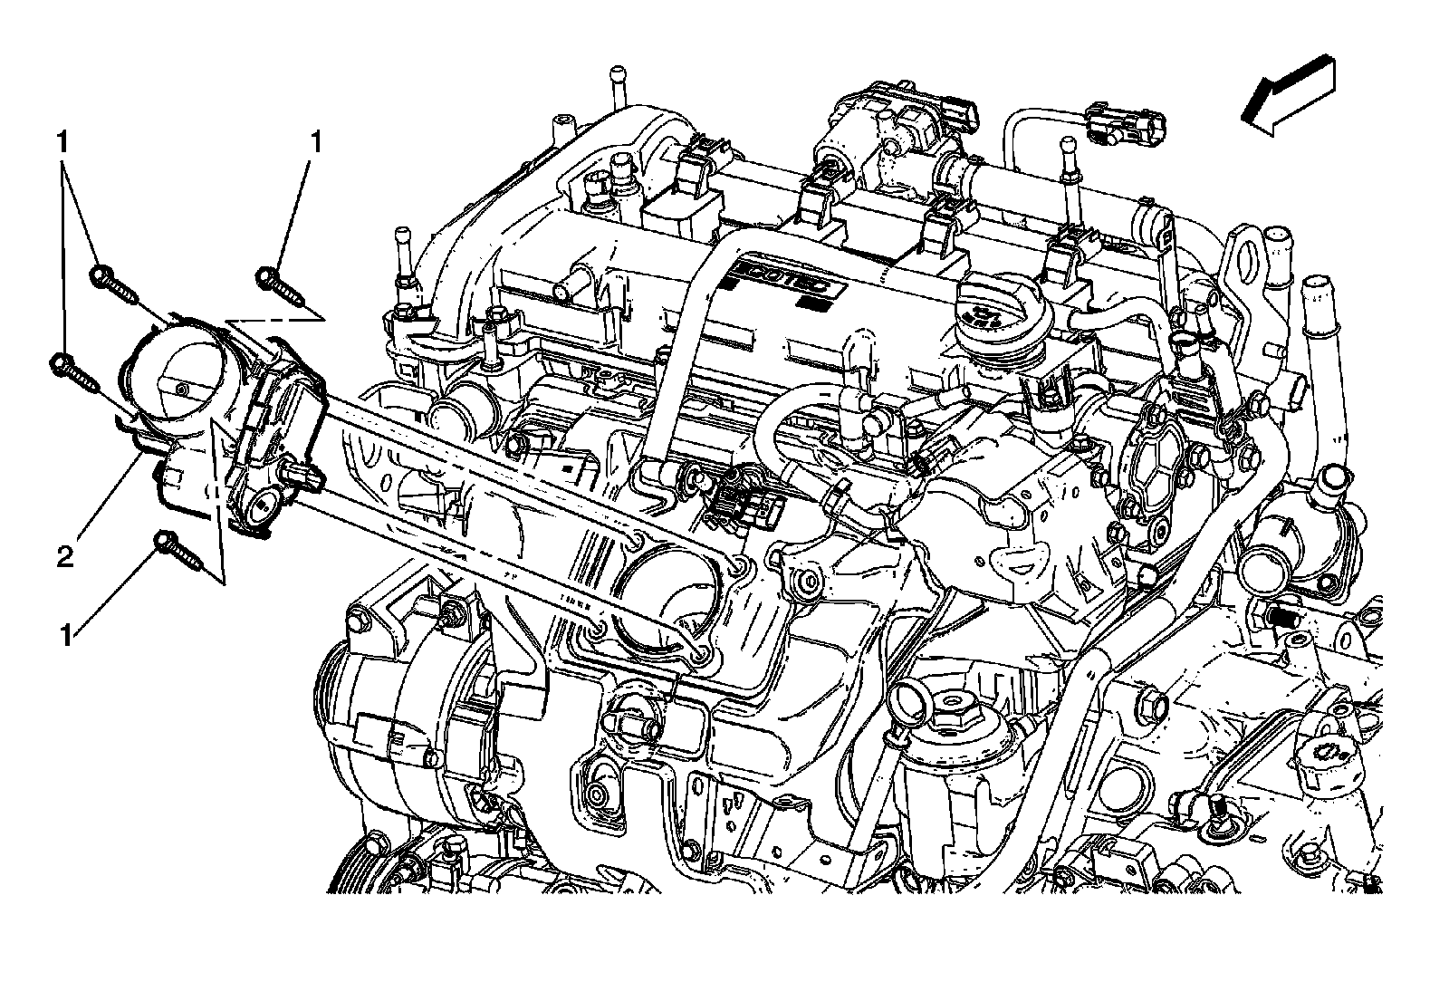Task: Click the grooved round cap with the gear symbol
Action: tap(1332, 752)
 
